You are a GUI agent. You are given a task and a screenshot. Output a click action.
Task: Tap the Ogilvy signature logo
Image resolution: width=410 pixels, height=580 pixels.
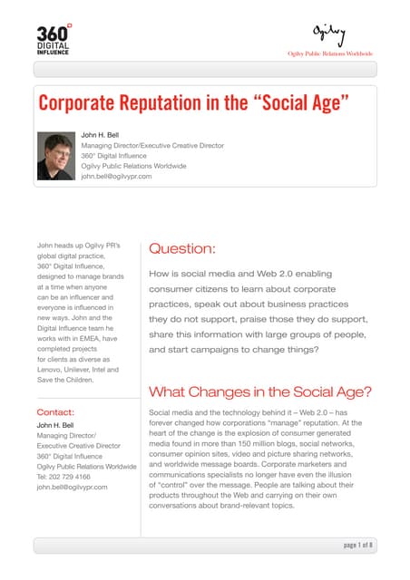[329, 34]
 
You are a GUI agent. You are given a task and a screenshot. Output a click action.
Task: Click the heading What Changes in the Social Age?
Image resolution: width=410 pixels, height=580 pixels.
[259, 391]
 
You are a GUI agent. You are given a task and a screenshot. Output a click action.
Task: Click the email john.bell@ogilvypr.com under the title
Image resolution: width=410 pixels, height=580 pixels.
[116, 177]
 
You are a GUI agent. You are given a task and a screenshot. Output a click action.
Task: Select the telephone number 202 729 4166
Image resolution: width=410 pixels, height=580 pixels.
[73, 476]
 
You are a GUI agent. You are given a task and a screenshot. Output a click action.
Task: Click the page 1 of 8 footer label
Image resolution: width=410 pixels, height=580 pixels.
[358, 545]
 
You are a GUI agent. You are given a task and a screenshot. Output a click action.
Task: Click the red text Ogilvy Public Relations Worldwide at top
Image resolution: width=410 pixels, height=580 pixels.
[329, 53]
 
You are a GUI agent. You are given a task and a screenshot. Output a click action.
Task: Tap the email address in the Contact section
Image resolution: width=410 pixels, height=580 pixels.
[71, 487]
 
